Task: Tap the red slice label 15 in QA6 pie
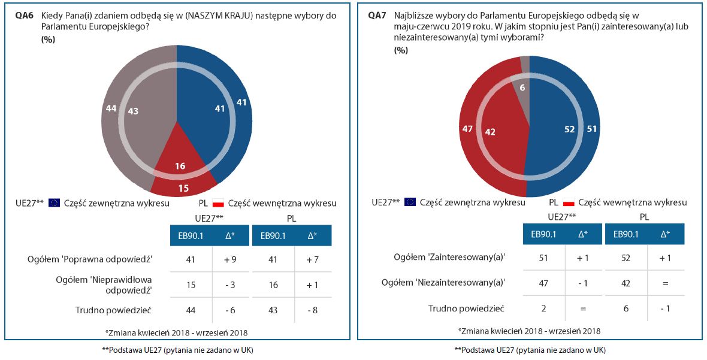coord(184,187)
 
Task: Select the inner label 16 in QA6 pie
coord(180,166)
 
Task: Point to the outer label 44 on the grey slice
coord(110,108)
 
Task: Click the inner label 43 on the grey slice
coord(133,111)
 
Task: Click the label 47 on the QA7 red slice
coord(467,128)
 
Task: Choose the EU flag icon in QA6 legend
coord(55,203)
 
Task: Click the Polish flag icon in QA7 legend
coord(569,203)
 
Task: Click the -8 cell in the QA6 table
coord(312,310)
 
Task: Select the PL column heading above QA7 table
coord(645,216)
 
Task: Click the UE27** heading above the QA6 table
coord(210,217)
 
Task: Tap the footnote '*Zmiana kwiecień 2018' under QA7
coord(528,331)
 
